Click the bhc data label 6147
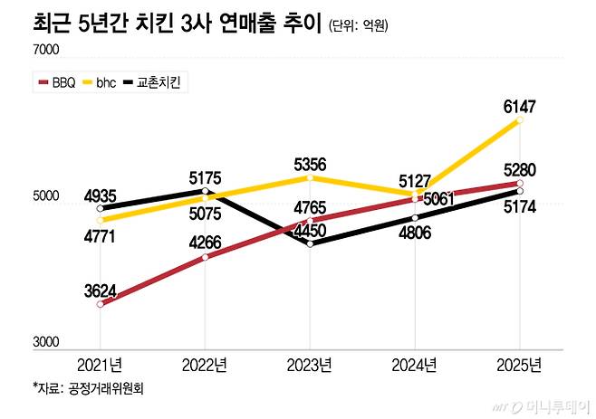(x=520, y=107)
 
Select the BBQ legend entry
(x=55, y=83)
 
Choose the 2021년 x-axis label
(x=100, y=365)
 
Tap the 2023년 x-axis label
(x=310, y=365)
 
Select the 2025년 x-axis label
(x=520, y=365)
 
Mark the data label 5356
(x=310, y=164)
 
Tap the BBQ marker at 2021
(x=100, y=305)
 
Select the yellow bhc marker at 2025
(x=520, y=120)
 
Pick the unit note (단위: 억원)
(x=359, y=26)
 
